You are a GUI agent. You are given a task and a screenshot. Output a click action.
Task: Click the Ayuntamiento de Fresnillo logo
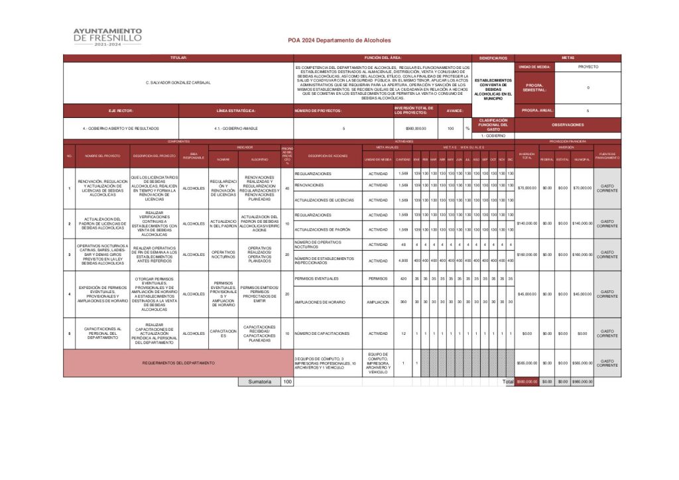(x=107, y=37)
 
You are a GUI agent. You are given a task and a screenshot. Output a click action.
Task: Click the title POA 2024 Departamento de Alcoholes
(x=339, y=40)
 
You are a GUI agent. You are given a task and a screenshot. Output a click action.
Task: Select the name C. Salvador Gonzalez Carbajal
(x=178, y=82)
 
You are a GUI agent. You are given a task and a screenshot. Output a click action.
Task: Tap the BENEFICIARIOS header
(x=493, y=58)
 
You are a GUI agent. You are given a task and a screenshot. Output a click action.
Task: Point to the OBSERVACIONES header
(x=568, y=125)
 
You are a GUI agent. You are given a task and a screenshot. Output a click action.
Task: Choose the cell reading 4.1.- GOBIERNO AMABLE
(x=235, y=128)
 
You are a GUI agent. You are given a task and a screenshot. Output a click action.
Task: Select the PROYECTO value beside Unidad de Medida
(x=587, y=67)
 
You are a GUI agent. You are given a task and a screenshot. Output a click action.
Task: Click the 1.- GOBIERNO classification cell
(x=493, y=135)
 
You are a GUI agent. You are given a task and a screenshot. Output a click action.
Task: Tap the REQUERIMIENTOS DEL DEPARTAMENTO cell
(x=178, y=363)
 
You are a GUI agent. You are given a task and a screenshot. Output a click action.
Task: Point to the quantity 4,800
(x=403, y=261)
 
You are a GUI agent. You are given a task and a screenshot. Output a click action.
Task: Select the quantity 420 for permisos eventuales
(x=403, y=278)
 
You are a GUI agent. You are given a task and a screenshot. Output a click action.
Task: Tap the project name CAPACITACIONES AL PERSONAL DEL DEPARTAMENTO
(x=102, y=333)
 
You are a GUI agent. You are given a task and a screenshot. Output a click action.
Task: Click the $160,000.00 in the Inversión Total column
(x=526, y=255)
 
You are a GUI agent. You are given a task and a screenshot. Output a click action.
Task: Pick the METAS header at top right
(x=568, y=58)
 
